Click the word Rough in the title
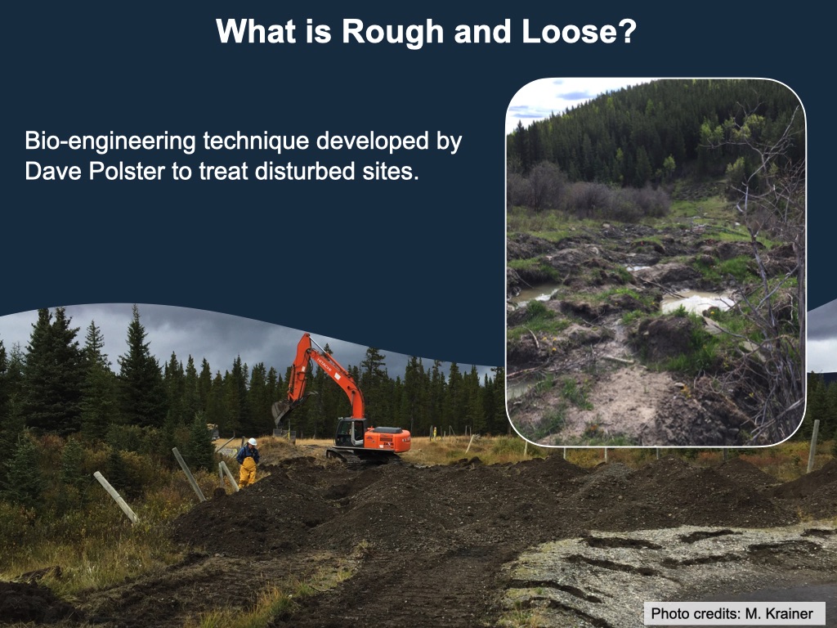pyautogui.click(x=392, y=32)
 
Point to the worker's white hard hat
pyautogui.click(x=253, y=442)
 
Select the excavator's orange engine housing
pyautogui.click(x=387, y=440)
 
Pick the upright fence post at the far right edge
pyautogui.click(x=813, y=446)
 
